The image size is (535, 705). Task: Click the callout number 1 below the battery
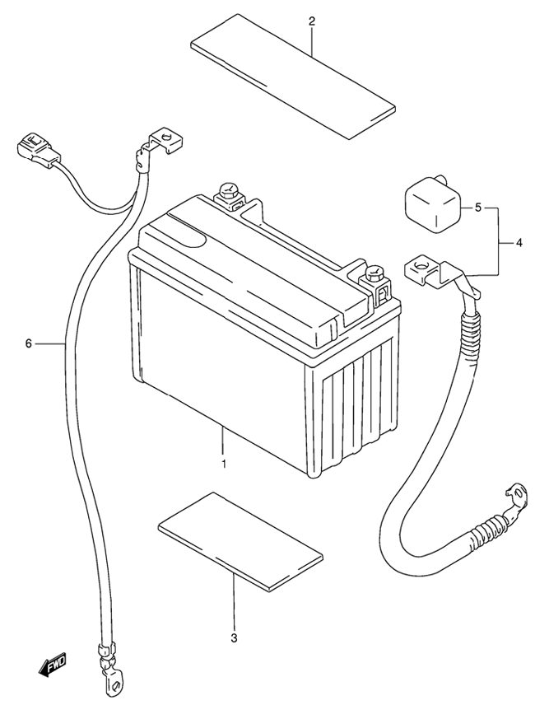(224, 463)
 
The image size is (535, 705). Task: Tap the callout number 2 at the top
(312, 21)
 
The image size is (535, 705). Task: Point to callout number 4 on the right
(519, 243)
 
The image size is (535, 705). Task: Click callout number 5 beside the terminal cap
(478, 208)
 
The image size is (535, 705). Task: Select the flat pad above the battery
(293, 76)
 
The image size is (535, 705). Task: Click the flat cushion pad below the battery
(240, 541)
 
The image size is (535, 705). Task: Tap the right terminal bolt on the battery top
(374, 278)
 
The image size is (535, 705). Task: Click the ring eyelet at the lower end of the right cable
(517, 497)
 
